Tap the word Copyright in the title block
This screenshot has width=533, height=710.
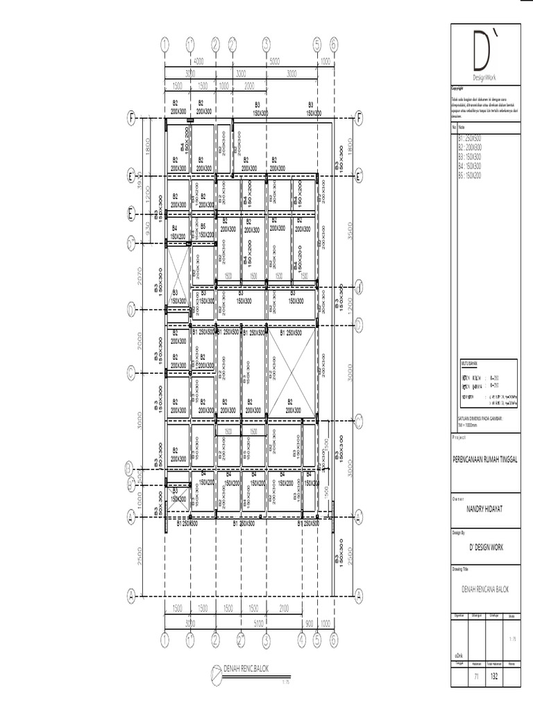click(457, 89)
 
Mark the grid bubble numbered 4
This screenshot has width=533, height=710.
click(301, 638)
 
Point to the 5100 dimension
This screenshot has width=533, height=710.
click(258, 623)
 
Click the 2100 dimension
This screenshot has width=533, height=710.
click(284, 608)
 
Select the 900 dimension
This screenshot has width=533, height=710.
click(309, 623)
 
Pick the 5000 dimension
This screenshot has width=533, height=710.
click(274, 61)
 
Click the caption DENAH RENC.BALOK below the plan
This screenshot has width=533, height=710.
click(246, 669)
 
